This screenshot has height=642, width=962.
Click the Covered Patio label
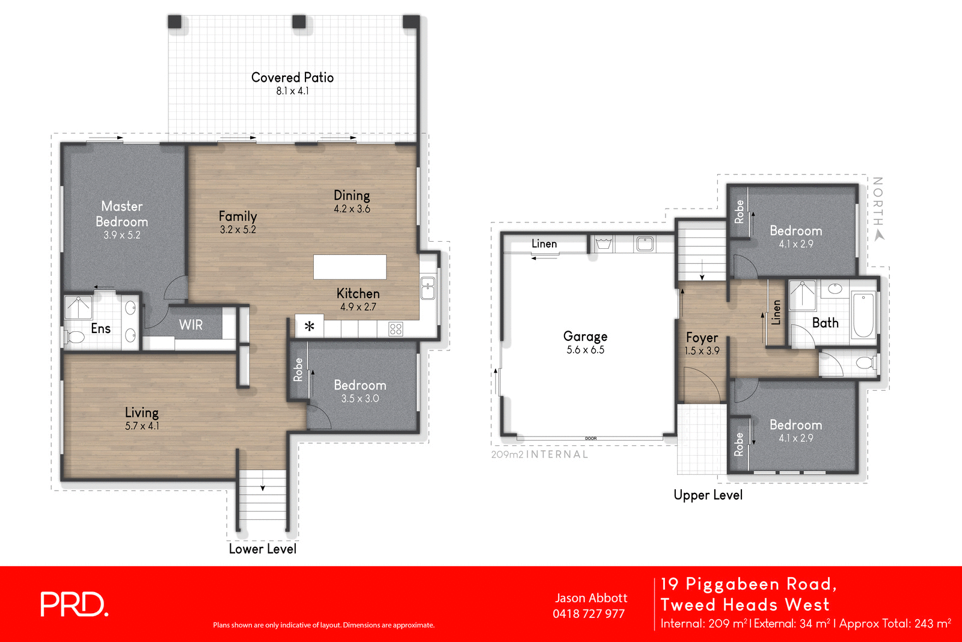click(292, 78)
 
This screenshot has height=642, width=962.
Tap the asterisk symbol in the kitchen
click(309, 327)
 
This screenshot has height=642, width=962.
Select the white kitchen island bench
click(349, 267)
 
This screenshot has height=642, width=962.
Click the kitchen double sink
click(427, 288)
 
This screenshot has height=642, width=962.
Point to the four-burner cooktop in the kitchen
click(395, 329)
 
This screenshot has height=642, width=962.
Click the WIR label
click(191, 325)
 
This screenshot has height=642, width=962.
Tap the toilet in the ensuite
click(75, 337)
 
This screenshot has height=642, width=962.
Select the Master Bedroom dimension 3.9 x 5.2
click(121, 235)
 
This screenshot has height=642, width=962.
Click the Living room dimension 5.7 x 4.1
click(142, 426)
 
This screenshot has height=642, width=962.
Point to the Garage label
click(585, 336)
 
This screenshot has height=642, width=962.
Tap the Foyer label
click(702, 338)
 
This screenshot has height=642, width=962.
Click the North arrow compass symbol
click(880, 236)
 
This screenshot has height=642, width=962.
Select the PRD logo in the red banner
click(73, 604)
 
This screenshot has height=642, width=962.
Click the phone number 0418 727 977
click(589, 614)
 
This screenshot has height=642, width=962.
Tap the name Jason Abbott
click(590, 598)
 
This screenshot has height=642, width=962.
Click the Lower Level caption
click(262, 549)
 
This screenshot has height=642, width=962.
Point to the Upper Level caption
click(708, 495)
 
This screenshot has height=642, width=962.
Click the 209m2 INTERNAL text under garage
click(539, 454)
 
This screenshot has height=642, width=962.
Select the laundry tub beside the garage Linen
click(602, 243)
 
